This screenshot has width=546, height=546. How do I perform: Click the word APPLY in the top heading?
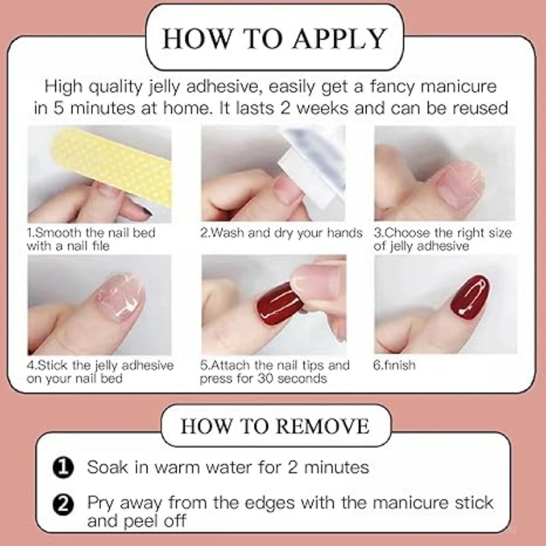click(x=339, y=38)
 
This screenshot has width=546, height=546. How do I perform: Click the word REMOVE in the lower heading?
click(x=324, y=426)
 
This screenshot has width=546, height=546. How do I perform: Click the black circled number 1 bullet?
click(x=63, y=468)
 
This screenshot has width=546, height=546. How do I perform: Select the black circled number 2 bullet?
click(x=63, y=504)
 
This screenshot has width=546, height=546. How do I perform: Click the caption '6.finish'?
click(x=394, y=365)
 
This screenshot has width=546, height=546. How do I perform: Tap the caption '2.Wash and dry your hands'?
click(x=281, y=233)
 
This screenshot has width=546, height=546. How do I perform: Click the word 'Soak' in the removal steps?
click(x=108, y=467)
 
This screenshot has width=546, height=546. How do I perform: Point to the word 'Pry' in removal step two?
click(x=100, y=504)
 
